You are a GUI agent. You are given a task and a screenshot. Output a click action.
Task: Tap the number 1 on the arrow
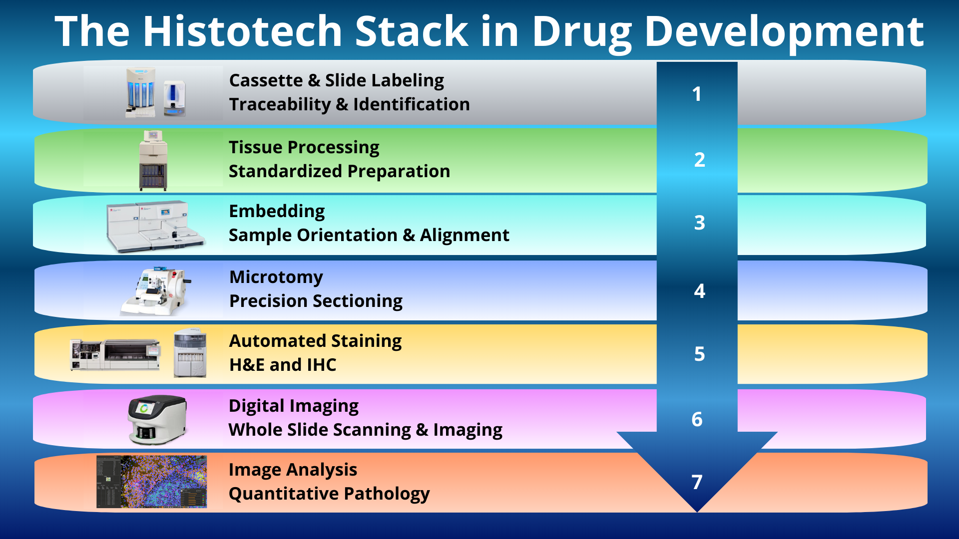coord(697,94)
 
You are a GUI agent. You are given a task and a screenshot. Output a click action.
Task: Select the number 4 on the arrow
coord(699,290)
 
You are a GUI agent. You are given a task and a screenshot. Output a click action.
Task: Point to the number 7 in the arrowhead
coord(697,482)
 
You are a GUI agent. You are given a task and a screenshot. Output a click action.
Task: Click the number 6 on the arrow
coord(697,419)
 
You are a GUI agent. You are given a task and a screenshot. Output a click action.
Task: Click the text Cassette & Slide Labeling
coord(337,80)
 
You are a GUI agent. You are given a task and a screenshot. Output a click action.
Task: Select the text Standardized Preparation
coord(339,171)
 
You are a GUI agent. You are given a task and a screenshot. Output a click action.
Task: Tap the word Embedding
coord(277,212)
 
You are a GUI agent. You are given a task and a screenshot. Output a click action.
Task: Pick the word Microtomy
coord(276,277)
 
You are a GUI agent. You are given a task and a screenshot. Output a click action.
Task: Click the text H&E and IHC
coord(283,365)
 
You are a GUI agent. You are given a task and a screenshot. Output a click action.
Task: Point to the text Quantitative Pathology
coord(329,494)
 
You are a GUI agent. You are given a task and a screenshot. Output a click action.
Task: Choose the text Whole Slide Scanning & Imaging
coord(366,430)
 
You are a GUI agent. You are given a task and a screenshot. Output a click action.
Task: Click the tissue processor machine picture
coord(153,160)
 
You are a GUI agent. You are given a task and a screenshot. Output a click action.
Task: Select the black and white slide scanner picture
coord(157,420)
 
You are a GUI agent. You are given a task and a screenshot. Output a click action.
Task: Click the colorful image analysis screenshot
coord(151,482)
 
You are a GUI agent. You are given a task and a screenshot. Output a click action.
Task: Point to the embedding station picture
coord(155,227)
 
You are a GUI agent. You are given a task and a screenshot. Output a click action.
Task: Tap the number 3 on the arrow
coord(699,223)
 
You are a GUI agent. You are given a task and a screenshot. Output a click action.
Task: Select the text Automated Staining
coord(316,341)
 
